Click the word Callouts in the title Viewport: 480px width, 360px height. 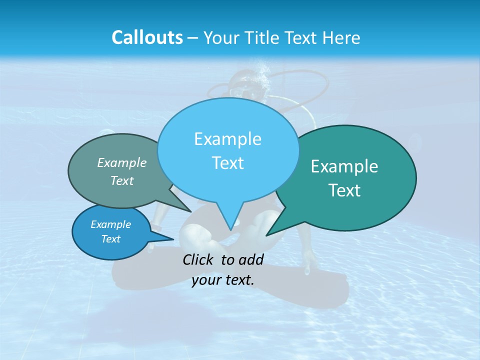click(147, 37)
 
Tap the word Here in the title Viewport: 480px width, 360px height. click(341, 37)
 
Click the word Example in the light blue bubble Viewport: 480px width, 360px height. click(227, 139)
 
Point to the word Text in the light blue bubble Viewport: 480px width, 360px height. click(227, 163)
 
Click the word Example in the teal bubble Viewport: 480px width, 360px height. click(344, 166)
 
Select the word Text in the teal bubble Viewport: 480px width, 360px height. click(344, 190)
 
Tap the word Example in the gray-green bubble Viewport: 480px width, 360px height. click(122, 162)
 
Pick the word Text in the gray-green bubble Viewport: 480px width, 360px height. click(122, 180)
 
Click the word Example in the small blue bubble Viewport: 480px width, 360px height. click(111, 224)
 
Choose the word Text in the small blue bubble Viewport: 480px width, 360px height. click(111, 239)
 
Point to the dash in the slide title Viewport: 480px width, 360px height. click(193, 38)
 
